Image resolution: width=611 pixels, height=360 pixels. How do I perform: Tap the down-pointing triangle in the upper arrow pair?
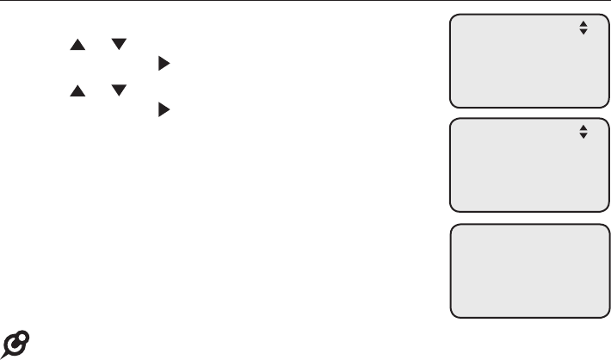coord(119,44)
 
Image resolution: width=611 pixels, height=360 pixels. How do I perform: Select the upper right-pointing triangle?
coord(162,64)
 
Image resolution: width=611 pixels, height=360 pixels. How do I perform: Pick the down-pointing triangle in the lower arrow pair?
coord(119,90)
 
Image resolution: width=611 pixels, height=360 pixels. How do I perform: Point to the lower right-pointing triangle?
coord(162,110)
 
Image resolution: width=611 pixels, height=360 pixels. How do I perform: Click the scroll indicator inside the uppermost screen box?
coord(583,28)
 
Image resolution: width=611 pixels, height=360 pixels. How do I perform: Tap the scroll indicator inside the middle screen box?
coord(583,132)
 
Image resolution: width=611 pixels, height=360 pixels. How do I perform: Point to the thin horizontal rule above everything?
coord(305,2)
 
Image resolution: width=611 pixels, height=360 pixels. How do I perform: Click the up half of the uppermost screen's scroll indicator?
coord(583,24)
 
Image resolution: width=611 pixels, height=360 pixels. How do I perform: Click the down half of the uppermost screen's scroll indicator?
coord(583,32)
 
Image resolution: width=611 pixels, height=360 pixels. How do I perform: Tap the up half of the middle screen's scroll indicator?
coord(583,128)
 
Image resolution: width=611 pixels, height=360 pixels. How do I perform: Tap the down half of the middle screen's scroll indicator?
coord(583,136)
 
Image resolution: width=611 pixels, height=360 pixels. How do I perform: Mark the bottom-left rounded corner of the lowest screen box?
coord(453,314)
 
